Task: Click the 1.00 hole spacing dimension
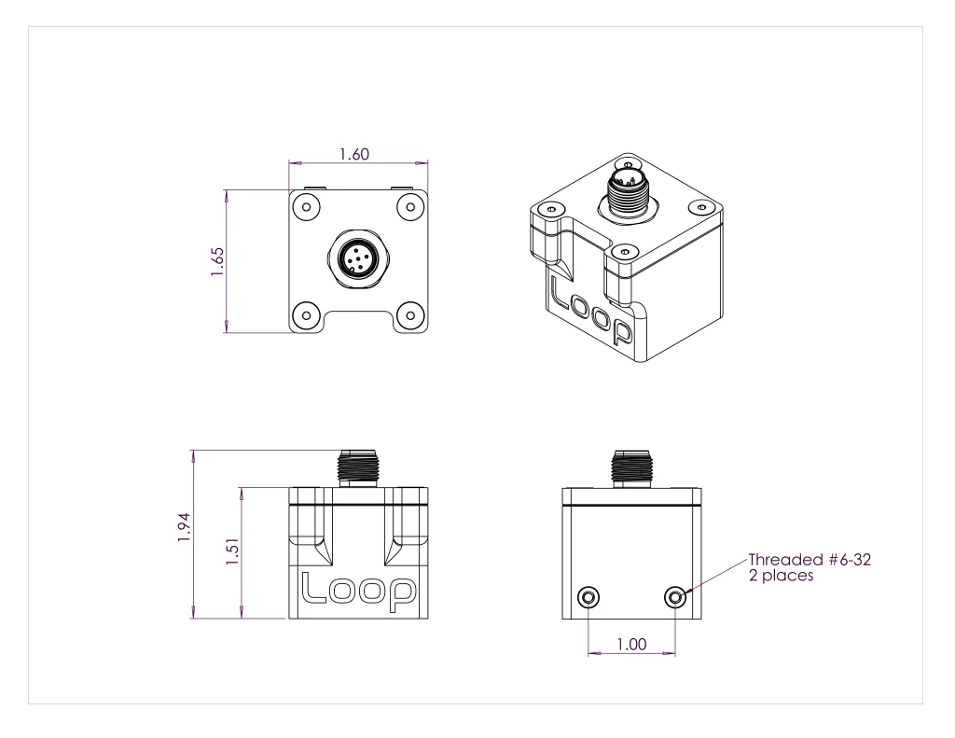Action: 631,643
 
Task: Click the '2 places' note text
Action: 782,576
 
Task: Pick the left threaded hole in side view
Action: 588,596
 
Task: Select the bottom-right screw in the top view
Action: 408,313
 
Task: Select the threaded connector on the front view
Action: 357,466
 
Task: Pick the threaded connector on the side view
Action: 631,467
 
